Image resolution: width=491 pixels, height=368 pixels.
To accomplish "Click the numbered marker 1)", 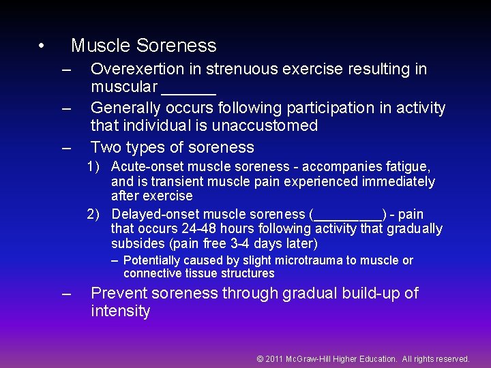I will click(96, 166).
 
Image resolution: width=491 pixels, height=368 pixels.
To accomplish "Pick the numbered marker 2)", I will click(96, 215).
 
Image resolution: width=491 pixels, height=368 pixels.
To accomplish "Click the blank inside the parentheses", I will click(348, 215).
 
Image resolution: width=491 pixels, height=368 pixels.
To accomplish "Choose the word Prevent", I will click(121, 294).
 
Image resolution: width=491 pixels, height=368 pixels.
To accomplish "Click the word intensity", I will click(121, 311).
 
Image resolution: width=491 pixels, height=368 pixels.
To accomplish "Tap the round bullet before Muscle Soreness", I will click(42, 46).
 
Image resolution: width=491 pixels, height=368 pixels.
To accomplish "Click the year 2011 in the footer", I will click(274, 358).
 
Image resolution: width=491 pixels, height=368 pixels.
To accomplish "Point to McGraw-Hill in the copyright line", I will click(310, 358).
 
